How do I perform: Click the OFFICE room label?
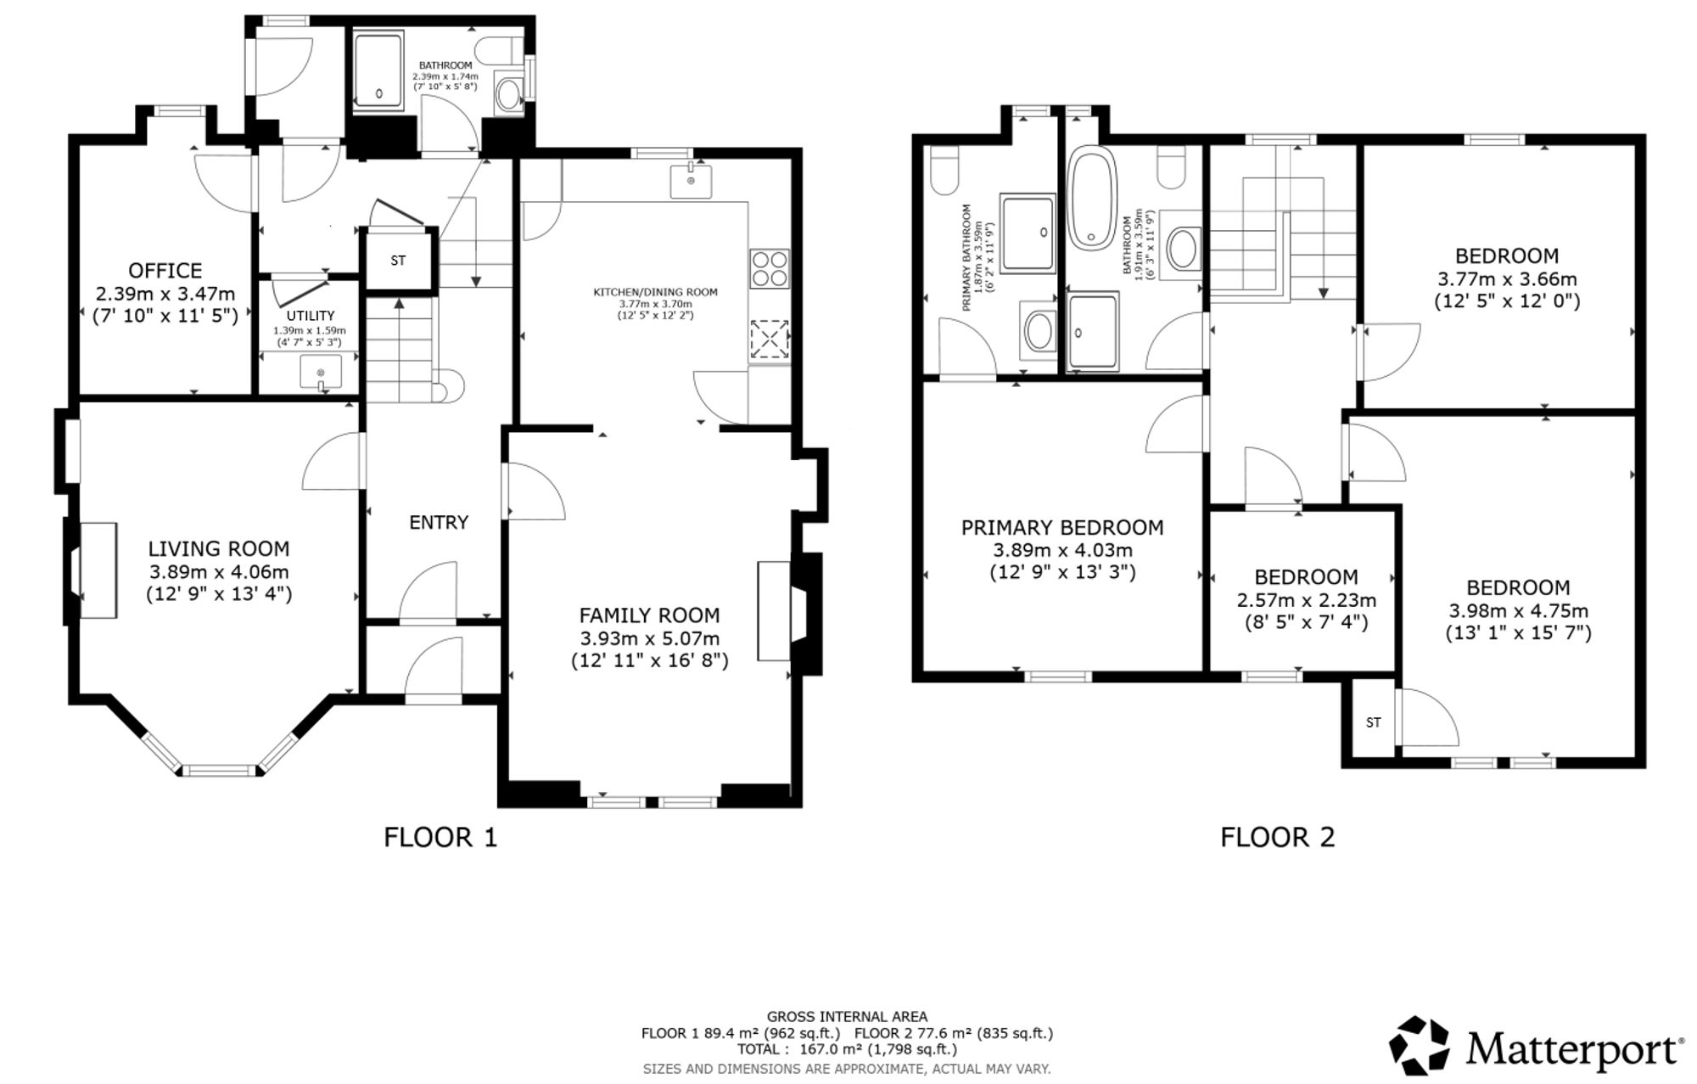coord(165,271)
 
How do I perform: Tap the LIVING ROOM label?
coord(219,549)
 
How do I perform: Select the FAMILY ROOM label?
coord(649,615)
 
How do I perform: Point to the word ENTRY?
coord(439,522)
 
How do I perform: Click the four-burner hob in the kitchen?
coord(770,268)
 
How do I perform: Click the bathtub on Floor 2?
coord(1090,198)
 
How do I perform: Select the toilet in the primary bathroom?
coord(944,169)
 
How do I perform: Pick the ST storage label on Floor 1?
coord(398,261)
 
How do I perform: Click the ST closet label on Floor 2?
coord(1373,722)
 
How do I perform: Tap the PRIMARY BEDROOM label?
coord(1062,528)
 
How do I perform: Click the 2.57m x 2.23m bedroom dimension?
coord(1307,600)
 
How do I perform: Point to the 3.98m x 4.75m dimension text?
coord(1518,610)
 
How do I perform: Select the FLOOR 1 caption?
coord(440,838)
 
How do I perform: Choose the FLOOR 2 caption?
coord(1278,838)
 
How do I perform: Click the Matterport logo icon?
coord(1419,1045)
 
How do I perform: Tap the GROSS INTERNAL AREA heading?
coord(847,1016)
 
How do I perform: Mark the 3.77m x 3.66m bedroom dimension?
coord(1507,278)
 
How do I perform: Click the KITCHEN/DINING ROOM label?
coord(655,292)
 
